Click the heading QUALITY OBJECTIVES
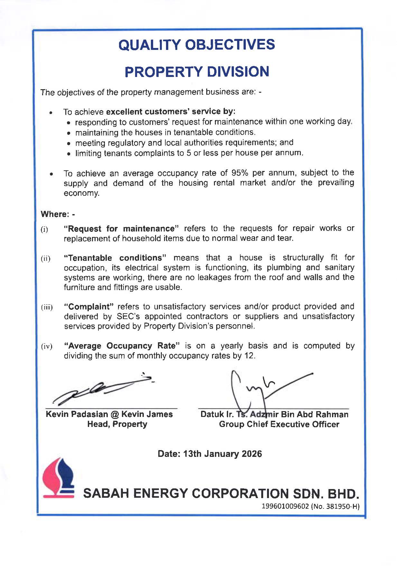197,44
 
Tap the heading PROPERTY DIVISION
197,71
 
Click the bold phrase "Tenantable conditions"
115,258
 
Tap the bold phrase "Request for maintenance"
121,229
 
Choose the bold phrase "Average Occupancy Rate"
122,346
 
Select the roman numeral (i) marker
44,230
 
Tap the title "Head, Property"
117,424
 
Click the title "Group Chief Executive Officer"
279,424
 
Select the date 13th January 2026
222,454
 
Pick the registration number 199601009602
285,506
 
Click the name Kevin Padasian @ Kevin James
109,414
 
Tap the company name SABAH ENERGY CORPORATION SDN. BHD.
221,494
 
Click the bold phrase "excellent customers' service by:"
171,112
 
